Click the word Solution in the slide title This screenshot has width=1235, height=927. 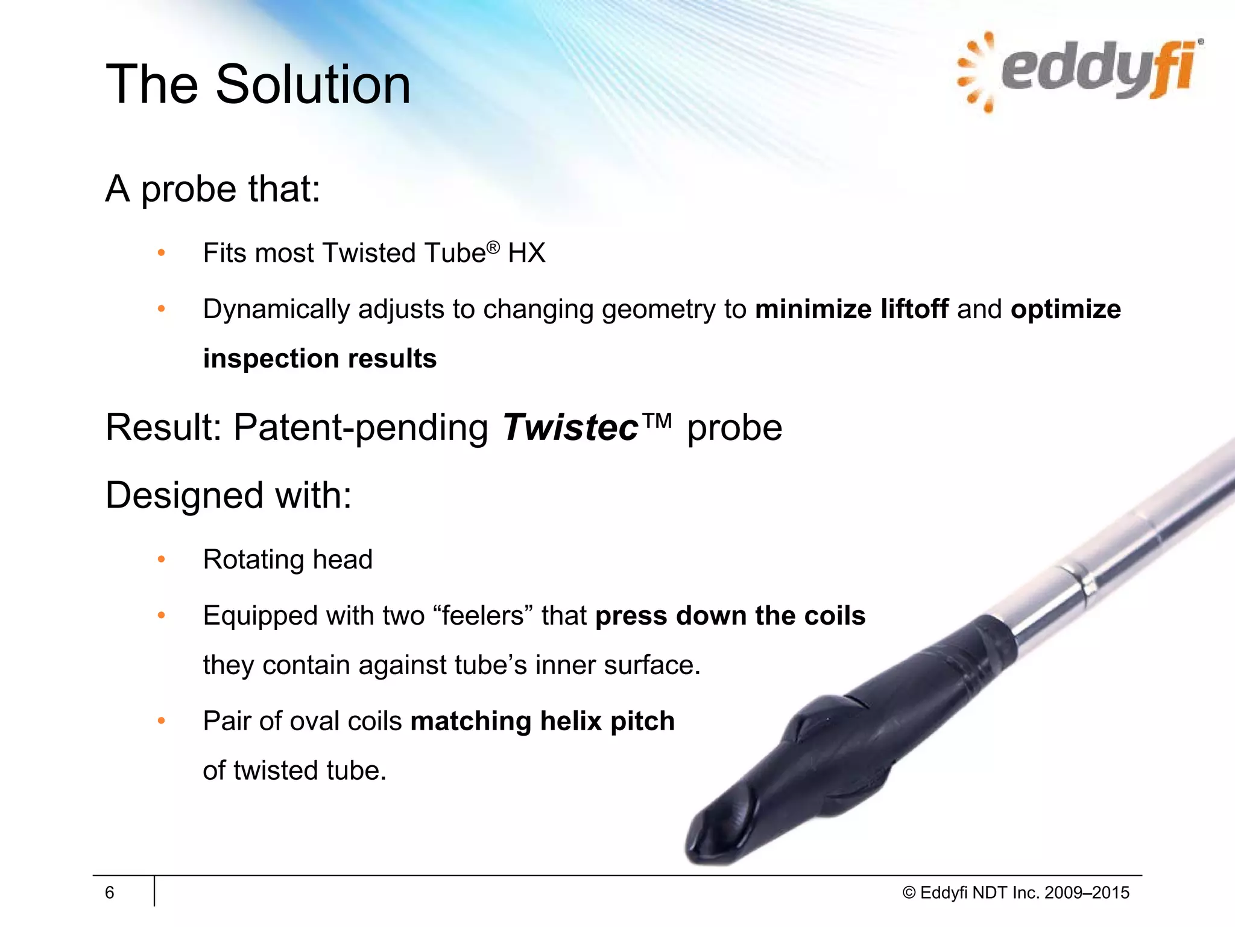(313, 84)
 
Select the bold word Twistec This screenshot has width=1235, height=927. (570, 427)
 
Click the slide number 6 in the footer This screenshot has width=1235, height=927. (109, 893)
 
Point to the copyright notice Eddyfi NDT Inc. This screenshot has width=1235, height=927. (1015, 893)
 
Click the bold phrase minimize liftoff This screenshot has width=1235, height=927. (851, 309)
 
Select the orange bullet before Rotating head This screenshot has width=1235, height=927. (161, 559)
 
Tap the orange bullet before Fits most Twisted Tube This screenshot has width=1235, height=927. (161, 253)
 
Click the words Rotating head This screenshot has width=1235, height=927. (288, 559)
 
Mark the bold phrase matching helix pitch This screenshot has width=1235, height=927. (542, 721)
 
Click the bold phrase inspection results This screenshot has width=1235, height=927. (320, 358)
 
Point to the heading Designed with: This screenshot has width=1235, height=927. (228, 495)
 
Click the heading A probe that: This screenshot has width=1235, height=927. (212, 189)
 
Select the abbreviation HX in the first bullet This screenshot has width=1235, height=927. (526, 253)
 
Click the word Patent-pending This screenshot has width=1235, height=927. (361, 427)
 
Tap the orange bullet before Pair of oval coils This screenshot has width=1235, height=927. (161, 721)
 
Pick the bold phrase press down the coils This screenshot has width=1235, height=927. (730, 616)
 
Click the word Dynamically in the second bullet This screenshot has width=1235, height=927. (276, 309)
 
